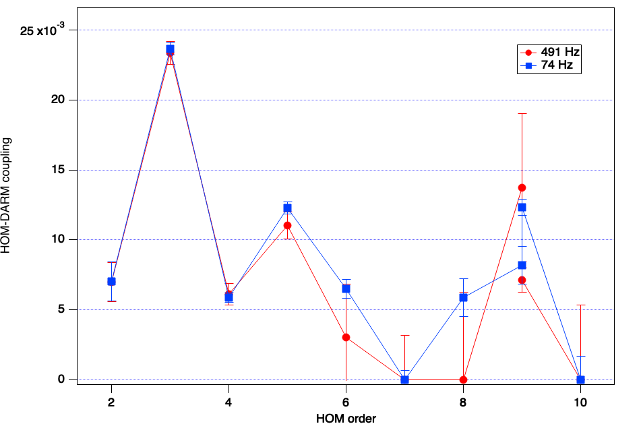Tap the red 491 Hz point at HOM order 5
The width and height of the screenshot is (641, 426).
click(x=287, y=225)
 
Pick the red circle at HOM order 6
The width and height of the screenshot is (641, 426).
click(x=346, y=337)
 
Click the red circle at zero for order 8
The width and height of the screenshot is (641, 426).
click(x=463, y=379)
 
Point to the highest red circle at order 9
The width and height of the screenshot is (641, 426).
click(x=522, y=187)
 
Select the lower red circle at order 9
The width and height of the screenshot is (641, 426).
click(x=522, y=280)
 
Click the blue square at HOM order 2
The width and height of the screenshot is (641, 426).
click(x=111, y=281)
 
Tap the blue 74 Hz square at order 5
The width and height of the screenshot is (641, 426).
click(x=287, y=208)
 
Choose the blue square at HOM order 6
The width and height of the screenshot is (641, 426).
click(x=346, y=288)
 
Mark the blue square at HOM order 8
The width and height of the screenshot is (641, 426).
click(x=463, y=297)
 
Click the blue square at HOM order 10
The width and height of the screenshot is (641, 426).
click(x=580, y=379)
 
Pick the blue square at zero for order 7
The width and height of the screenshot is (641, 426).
click(x=404, y=379)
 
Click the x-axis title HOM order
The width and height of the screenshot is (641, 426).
click(x=346, y=418)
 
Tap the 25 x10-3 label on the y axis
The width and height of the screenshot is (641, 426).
click(x=47, y=30)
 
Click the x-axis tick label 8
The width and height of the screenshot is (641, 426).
click(x=463, y=402)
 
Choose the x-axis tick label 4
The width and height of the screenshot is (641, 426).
click(x=228, y=402)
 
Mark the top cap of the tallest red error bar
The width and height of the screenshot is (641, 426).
click(x=522, y=113)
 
